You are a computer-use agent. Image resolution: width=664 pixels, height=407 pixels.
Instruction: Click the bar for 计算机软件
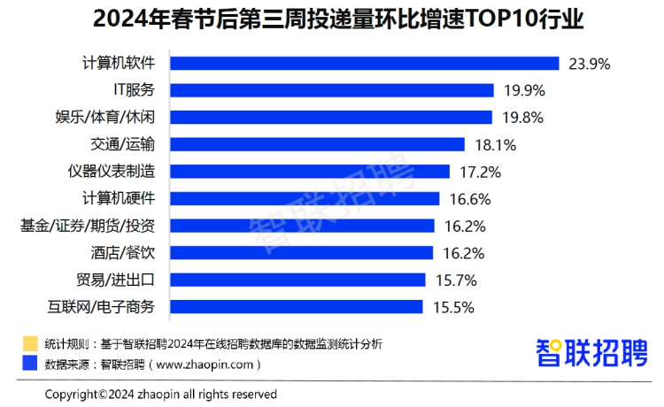(x=364, y=63)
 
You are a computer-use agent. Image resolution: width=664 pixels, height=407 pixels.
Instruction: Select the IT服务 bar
(x=331, y=90)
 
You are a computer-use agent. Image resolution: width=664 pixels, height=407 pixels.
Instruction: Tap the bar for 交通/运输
(x=317, y=144)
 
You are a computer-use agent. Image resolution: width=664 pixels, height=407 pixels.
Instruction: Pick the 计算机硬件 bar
(x=305, y=198)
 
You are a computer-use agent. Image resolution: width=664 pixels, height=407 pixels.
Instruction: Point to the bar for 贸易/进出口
(x=298, y=280)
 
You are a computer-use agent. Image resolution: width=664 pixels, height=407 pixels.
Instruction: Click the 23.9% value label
(x=590, y=64)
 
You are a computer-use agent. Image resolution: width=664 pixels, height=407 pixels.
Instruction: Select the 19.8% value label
(x=523, y=118)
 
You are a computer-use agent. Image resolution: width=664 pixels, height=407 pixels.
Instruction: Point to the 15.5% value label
(x=454, y=307)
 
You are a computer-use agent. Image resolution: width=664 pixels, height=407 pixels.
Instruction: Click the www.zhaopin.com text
(x=208, y=364)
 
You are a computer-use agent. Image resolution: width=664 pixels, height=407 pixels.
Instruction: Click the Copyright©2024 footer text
(x=160, y=394)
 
